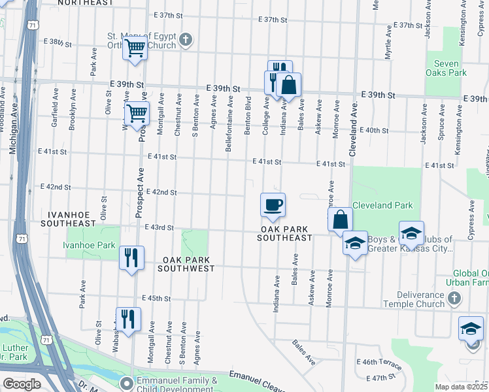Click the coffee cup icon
(273, 204)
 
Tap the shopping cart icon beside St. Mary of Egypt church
(135, 48)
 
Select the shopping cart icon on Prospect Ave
(137, 114)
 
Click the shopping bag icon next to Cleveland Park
(341, 220)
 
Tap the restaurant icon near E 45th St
(128, 319)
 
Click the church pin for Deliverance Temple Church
(454, 299)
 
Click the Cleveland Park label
(382, 205)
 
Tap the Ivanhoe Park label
(89, 246)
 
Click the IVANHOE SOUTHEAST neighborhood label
(68, 219)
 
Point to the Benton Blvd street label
(248, 117)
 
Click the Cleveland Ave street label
(352, 129)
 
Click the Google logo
(22, 384)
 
